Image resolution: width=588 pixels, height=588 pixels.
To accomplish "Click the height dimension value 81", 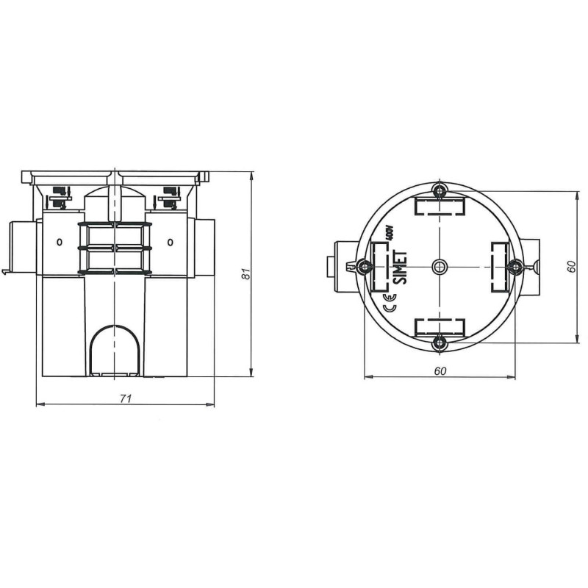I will [x=248, y=273].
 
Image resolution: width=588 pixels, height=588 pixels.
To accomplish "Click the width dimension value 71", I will [x=126, y=398].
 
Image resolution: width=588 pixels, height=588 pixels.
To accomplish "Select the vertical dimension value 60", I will [x=571, y=267].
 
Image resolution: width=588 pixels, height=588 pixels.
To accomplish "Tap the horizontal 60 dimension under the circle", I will [x=440, y=371].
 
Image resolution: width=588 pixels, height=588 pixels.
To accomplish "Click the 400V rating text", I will [x=389, y=237].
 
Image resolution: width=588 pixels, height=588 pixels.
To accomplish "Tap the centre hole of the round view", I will [x=440, y=266].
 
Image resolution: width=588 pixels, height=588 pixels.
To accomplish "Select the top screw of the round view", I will [x=440, y=193].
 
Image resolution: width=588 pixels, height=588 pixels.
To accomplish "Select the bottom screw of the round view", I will [x=440, y=340].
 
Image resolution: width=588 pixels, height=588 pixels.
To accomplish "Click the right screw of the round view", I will [x=514, y=266].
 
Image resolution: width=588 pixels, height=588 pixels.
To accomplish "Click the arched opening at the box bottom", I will [x=116, y=350].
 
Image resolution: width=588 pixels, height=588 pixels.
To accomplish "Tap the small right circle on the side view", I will [x=171, y=243].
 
